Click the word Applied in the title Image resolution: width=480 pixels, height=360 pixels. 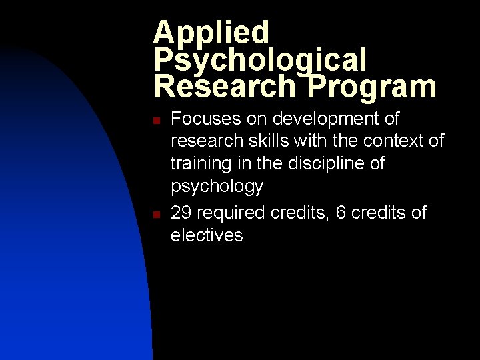point(211,32)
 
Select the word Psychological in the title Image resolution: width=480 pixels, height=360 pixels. point(260,60)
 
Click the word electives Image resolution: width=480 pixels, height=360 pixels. point(207,235)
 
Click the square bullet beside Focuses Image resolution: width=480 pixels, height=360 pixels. point(154,121)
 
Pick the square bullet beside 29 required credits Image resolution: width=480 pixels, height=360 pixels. point(154,215)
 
